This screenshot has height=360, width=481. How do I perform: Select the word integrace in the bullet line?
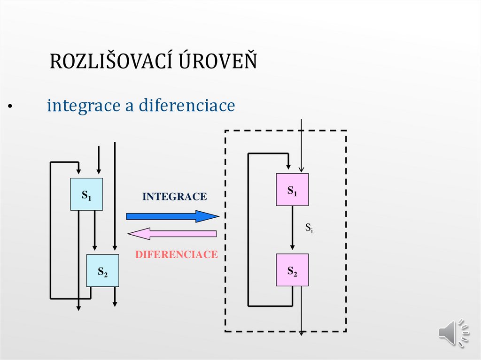coord(83,106)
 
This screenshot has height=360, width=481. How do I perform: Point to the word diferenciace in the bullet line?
coord(186,105)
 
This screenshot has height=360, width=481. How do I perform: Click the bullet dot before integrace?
coord(9,107)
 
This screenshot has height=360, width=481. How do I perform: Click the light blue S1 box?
coord(86,194)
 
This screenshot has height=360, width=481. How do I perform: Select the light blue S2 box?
coord(102,271)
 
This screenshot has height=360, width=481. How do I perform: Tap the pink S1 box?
coord(292,190)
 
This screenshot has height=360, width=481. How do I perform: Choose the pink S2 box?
coord(292,270)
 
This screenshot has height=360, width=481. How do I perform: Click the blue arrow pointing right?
coord(172,216)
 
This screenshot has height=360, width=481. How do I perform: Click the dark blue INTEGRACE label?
coord(174,197)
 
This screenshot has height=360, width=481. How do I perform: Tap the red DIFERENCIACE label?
coord(176,255)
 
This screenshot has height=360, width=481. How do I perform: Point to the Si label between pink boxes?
coord(309,229)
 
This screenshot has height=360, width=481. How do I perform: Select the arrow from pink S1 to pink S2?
coord(292,230)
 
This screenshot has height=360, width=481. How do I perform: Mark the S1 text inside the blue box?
coord(86,195)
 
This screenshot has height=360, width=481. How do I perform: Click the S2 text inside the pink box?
coord(292,271)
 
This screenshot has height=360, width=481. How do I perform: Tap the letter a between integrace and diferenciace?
coord(129,107)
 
